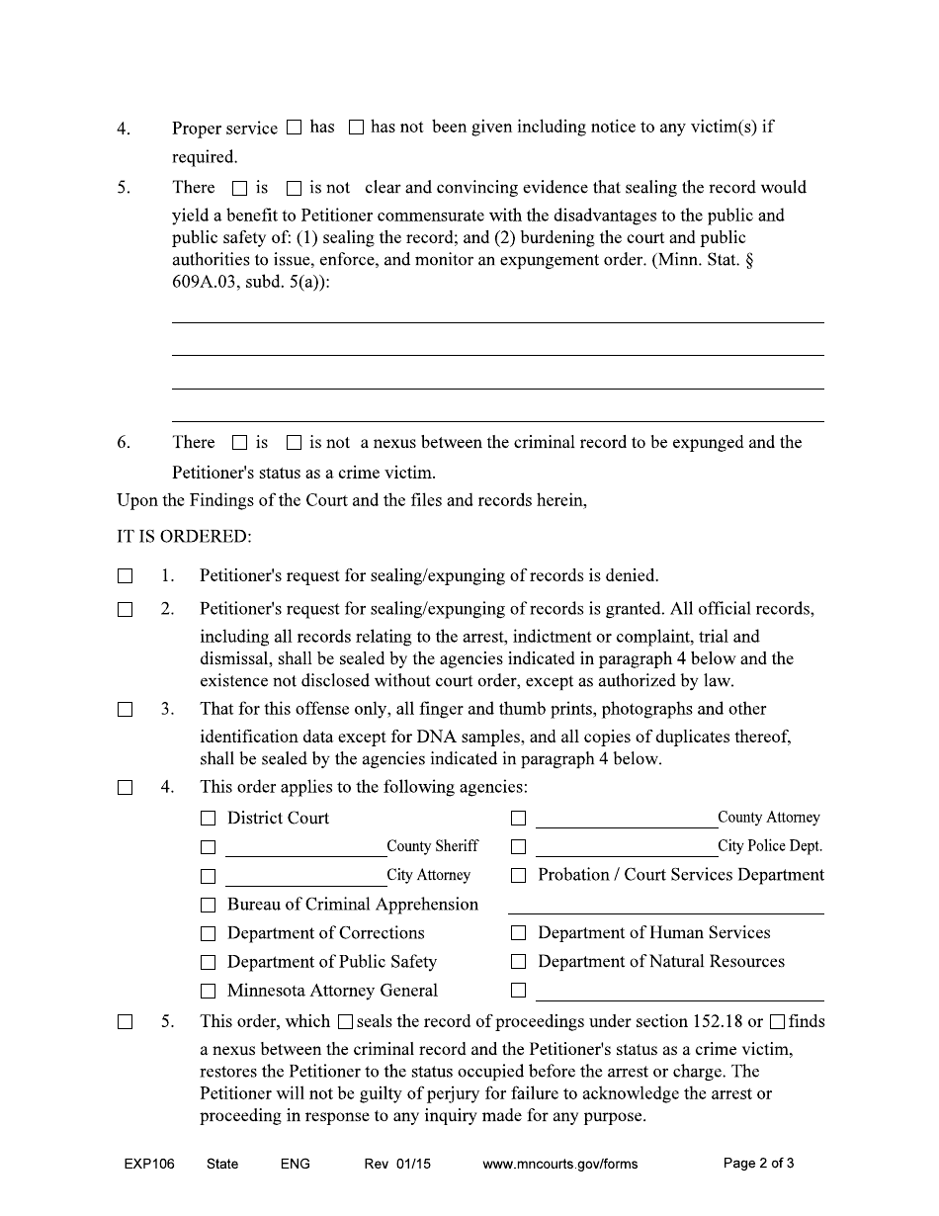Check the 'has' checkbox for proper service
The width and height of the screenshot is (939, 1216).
coord(294,128)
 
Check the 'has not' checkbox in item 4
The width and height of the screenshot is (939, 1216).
coord(356,128)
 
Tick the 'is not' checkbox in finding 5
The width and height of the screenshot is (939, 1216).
coord(294,188)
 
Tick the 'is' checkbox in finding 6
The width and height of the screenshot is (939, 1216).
coord(239,443)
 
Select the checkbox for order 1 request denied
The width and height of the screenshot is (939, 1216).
coord(125,575)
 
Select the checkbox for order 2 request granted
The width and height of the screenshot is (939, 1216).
coord(125,610)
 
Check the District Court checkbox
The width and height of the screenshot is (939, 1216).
coord(208,819)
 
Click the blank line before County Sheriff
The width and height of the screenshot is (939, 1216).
coord(304,847)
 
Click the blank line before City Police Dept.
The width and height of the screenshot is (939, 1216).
coord(626,847)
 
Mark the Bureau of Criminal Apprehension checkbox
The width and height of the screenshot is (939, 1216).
coord(208,905)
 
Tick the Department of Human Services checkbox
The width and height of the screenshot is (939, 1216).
coord(518,933)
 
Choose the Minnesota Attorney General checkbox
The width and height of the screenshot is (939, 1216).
coord(208,991)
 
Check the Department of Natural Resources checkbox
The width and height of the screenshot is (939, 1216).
coord(518,962)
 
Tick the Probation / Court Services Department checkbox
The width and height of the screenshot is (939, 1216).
coord(518,876)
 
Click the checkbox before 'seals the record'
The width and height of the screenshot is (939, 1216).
coord(345,1022)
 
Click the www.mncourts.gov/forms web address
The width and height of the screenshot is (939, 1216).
coord(559,1164)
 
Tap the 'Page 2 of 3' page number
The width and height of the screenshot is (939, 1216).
coord(758,1163)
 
